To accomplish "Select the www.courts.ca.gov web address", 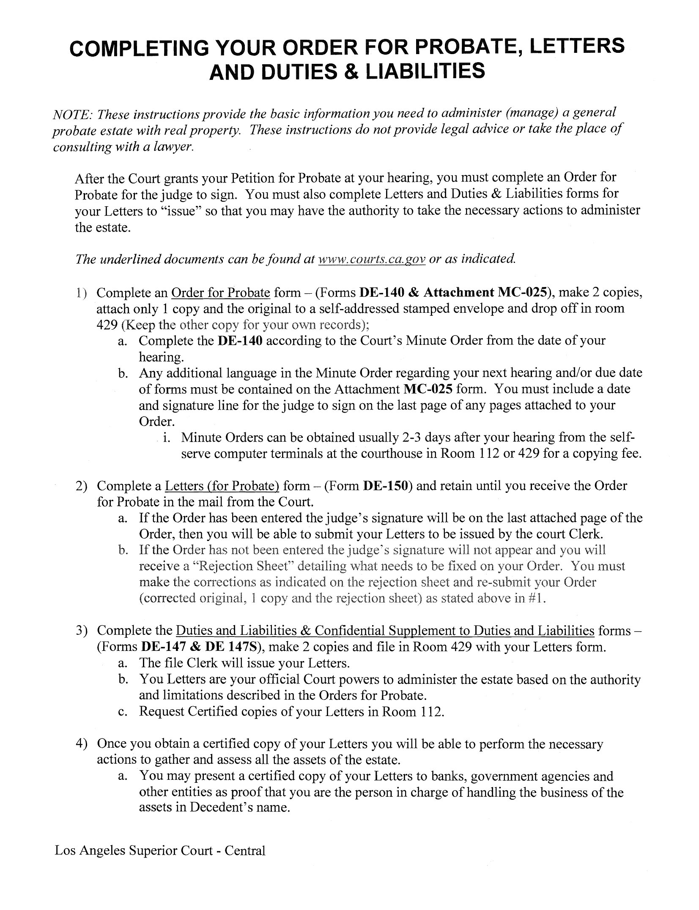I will pyautogui.click(x=371, y=259).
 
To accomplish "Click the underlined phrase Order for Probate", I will pyautogui.click(x=220, y=292).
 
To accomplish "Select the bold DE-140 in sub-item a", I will pyautogui.click(x=240, y=341).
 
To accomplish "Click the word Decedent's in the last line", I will pyautogui.click(x=225, y=807).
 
